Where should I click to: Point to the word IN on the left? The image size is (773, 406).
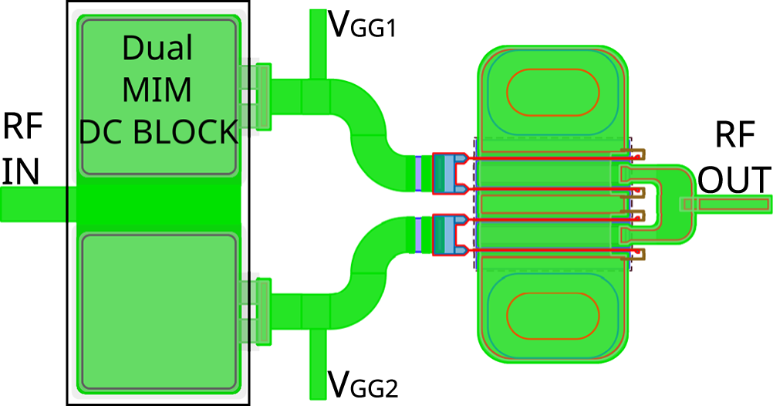point(20,171)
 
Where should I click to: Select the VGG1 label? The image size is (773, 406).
point(362,25)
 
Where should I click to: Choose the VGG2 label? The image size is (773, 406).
point(362,383)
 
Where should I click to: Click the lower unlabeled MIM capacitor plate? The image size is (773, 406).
point(159,311)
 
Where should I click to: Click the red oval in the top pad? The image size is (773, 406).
point(552,91)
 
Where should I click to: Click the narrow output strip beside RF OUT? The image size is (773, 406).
point(725,203)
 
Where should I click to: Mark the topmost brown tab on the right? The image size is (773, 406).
point(638,156)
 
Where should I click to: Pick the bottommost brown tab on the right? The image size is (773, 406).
point(638,252)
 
